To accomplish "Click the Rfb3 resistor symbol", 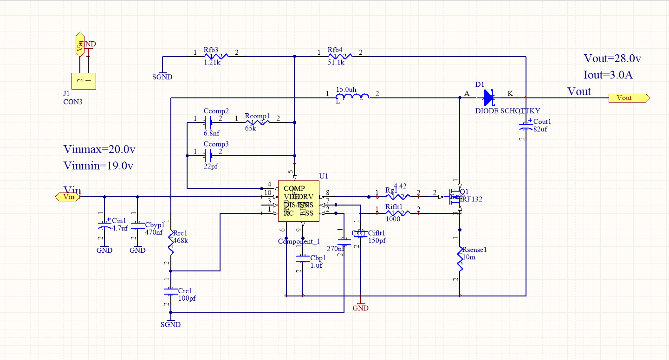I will (x=216, y=56).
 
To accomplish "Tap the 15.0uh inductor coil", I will (x=353, y=97).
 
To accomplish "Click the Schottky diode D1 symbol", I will (x=489, y=97).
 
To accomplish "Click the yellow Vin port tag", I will (x=68, y=197).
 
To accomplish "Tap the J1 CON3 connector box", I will (x=84, y=81).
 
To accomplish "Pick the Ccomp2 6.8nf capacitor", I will (x=208, y=122).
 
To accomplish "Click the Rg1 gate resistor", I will (x=398, y=196).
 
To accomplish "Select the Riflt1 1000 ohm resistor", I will (x=398, y=213).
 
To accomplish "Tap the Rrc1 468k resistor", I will (x=171, y=244).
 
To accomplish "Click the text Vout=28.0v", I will (x=612, y=59).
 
